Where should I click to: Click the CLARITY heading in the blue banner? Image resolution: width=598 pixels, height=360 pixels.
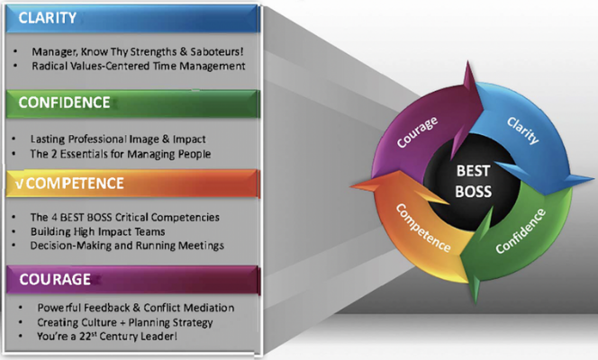(x=48, y=18)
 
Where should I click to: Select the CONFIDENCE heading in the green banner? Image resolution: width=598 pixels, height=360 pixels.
(x=64, y=103)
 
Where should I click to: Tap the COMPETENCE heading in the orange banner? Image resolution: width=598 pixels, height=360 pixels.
(x=75, y=184)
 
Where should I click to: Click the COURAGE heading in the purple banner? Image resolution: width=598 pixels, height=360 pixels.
(x=55, y=279)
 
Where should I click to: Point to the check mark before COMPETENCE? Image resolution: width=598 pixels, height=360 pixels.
(x=20, y=184)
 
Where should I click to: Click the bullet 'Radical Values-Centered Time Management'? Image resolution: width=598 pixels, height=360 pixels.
(x=139, y=66)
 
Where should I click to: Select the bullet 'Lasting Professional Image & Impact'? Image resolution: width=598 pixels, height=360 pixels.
(x=118, y=139)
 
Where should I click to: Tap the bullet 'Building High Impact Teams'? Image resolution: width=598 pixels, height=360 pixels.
(x=97, y=231)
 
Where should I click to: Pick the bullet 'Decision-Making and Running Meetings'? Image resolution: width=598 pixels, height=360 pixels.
(x=127, y=246)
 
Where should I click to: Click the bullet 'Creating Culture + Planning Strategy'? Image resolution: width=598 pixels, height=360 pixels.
(x=124, y=323)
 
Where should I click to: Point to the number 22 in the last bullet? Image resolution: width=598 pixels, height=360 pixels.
(x=85, y=337)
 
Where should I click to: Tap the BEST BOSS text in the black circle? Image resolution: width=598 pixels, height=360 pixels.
(x=473, y=181)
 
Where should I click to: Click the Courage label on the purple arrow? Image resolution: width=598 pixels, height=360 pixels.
(x=417, y=132)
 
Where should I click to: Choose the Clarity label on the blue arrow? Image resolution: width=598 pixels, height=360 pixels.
(x=523, y=130)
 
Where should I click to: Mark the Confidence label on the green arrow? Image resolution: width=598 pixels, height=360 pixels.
(x=521, y=231)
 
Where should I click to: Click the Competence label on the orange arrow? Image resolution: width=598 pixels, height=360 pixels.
(x=423, y=228)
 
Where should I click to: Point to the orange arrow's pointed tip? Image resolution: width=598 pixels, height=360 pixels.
(x=351, y=186)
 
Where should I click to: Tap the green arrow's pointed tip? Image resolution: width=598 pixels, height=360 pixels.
(x=476, y=303)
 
